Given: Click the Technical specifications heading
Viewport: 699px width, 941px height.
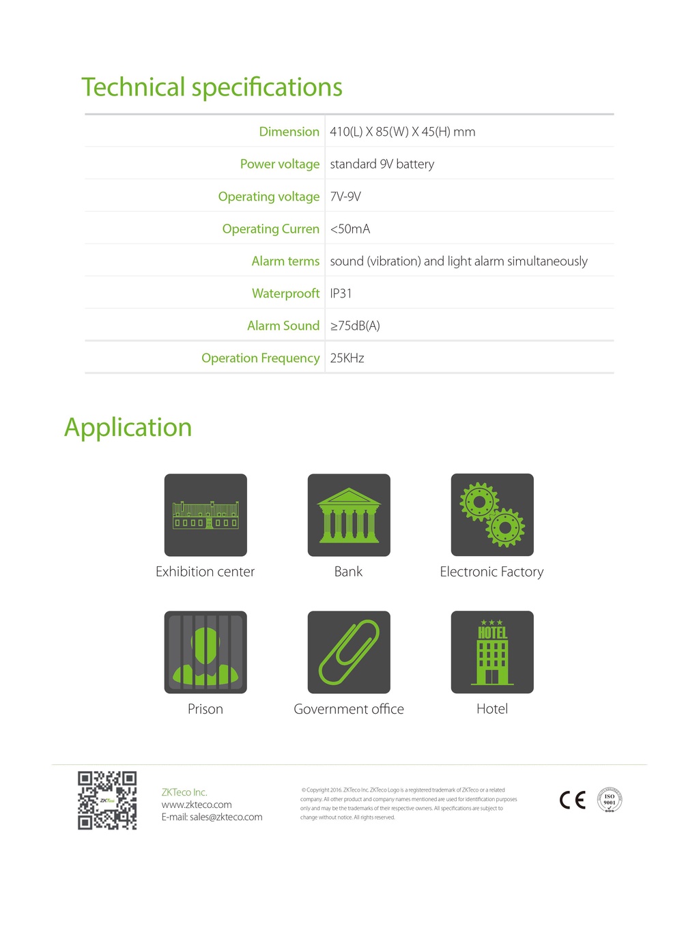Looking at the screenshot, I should (x=212, y=87).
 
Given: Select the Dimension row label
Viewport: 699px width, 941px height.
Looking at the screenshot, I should (x=289, y=132).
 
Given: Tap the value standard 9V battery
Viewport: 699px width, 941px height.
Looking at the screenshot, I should (x=382, y=164).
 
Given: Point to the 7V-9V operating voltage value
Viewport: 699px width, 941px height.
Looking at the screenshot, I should (x=345, y=197).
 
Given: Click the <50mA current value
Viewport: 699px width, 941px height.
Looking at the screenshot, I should (x=349, y=229).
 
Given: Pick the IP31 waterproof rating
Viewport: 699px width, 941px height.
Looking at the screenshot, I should (x=341, y=293).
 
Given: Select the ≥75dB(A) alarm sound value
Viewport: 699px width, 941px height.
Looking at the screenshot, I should (x=355, y=325).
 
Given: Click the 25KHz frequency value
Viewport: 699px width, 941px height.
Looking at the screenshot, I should (x=347, y=358).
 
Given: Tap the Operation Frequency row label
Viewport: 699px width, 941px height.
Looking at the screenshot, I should (x=260, y=358).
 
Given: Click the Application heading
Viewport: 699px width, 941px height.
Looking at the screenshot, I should (x=128, y=427).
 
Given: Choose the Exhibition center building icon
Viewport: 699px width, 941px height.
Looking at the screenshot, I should (x=205, y=515).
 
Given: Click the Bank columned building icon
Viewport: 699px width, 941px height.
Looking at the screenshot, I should (x=349, y=515).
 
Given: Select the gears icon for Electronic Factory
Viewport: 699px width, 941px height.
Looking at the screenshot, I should (x=492, y=515).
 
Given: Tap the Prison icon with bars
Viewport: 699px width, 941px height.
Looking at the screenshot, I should (x=205, y=652).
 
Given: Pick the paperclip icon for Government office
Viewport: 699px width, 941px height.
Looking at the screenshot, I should (x=349, y=652).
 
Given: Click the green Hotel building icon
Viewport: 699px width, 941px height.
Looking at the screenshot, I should (x=492, y=652).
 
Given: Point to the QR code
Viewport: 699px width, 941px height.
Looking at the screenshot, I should (x=107, y=800).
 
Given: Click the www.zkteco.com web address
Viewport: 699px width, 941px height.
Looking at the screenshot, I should (x=197, y=805).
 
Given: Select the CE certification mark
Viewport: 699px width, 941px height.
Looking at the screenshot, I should (x=572, y=800).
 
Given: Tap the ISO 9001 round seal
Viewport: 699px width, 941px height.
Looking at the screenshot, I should (x=610, y=800).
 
